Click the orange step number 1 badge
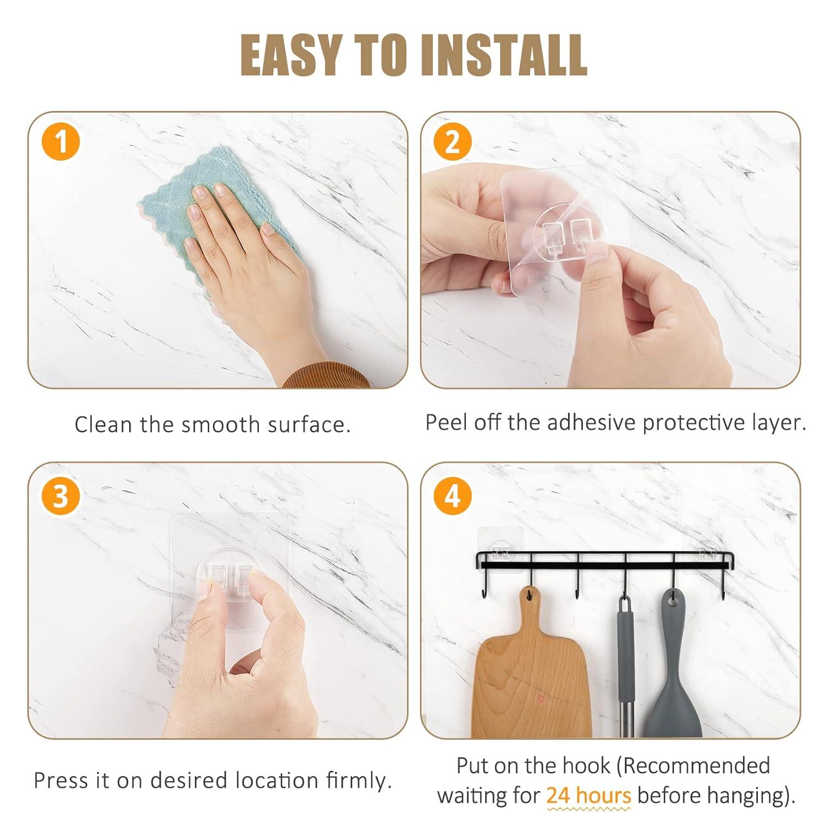[61, 141]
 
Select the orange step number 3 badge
[61, 495]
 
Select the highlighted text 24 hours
[588, 795]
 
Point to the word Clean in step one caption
[104, 424]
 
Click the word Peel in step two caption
[446, 422]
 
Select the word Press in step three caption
[61, 780]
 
